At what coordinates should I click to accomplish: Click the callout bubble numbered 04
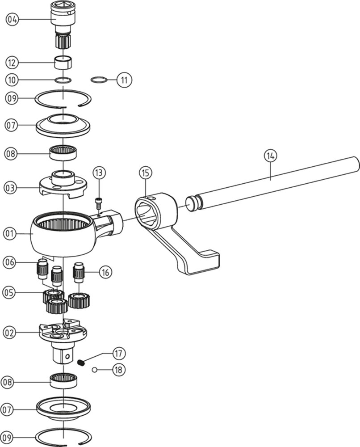12,19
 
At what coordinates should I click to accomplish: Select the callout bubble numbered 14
270,156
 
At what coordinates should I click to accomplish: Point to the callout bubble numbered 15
145,172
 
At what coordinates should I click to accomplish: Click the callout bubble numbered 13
99,172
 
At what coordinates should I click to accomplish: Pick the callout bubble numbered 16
105,271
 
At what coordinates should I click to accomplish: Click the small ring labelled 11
99,80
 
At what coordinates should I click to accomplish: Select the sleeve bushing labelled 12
63,62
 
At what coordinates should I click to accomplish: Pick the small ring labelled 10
63,80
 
